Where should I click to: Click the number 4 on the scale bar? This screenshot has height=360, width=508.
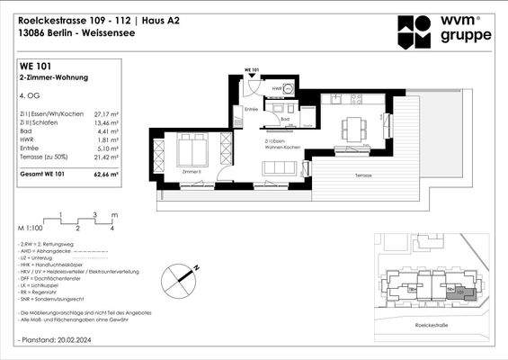point(111,229)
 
